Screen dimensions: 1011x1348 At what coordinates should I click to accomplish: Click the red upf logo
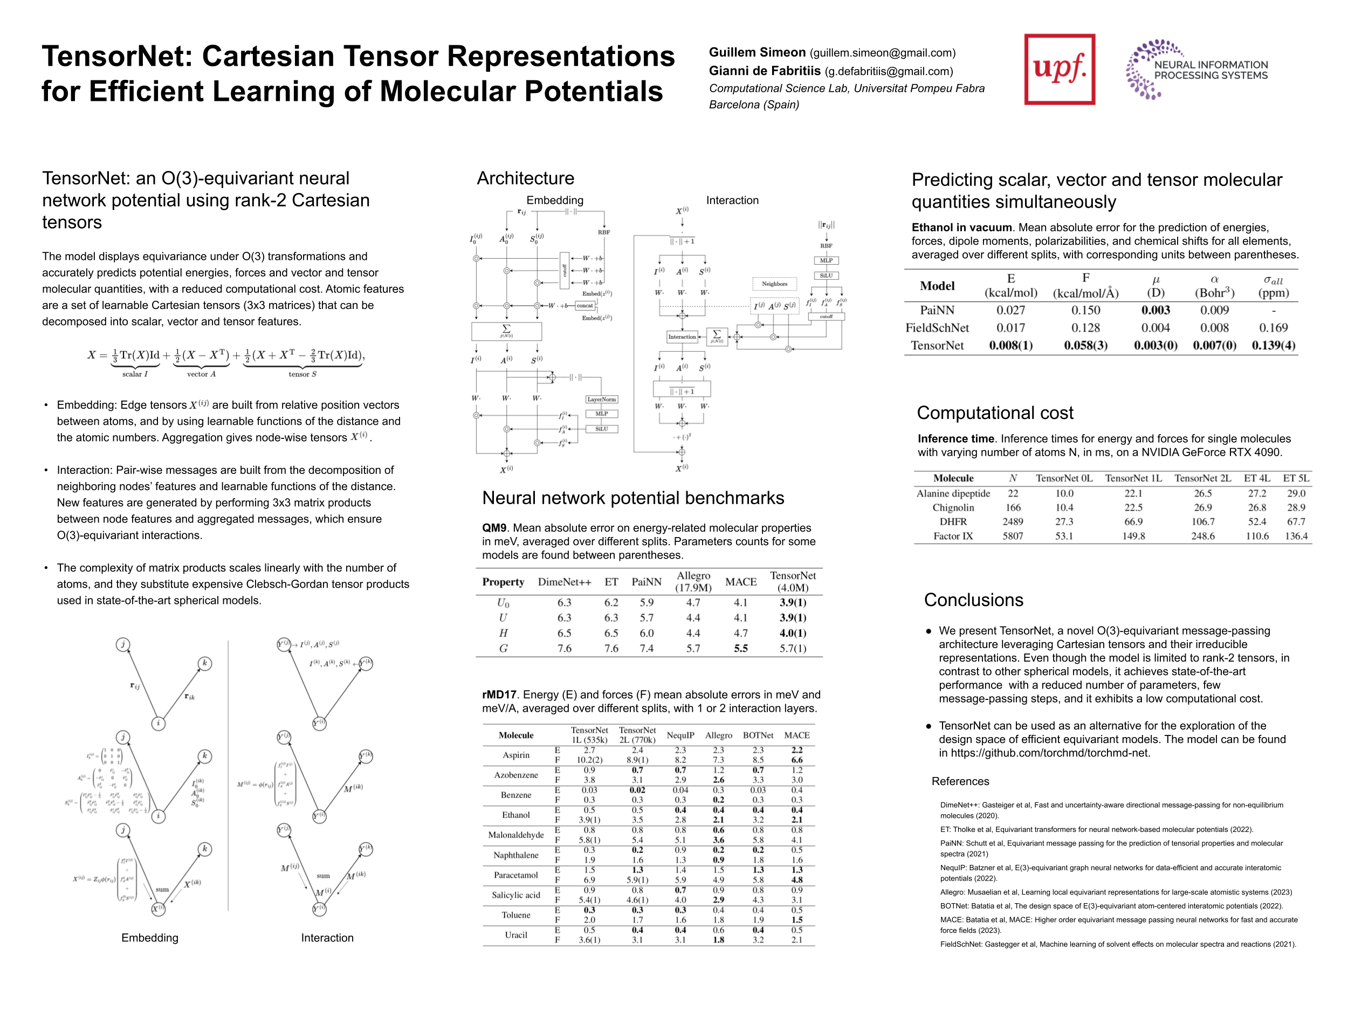1059,69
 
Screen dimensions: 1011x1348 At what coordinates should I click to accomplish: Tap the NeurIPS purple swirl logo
1143,70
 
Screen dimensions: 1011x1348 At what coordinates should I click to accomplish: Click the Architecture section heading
525,178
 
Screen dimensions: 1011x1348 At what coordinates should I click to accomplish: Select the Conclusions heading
973,600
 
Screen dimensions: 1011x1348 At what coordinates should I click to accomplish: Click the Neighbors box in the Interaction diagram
774,284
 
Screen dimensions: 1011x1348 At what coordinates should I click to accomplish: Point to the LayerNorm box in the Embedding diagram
602,400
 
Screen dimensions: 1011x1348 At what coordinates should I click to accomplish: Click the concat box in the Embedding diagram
585,306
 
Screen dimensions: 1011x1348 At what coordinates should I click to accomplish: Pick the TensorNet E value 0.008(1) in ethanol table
1010,346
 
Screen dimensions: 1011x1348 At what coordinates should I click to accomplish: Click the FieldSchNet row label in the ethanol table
937,328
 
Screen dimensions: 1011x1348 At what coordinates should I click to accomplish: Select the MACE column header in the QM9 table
740,582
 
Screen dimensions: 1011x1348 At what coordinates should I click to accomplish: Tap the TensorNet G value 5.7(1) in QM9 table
792,649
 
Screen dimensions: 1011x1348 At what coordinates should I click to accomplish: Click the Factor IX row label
953,537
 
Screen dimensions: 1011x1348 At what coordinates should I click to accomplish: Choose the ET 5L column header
1296,478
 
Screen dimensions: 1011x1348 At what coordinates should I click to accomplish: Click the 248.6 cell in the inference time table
1203,537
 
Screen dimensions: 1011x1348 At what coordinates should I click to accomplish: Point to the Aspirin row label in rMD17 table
515,755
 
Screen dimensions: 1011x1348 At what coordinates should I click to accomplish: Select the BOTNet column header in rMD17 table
758,735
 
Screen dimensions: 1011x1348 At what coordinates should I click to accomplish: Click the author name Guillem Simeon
757,53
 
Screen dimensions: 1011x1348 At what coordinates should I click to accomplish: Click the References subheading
960,781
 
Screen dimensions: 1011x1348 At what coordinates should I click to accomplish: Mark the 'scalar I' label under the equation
135,374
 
